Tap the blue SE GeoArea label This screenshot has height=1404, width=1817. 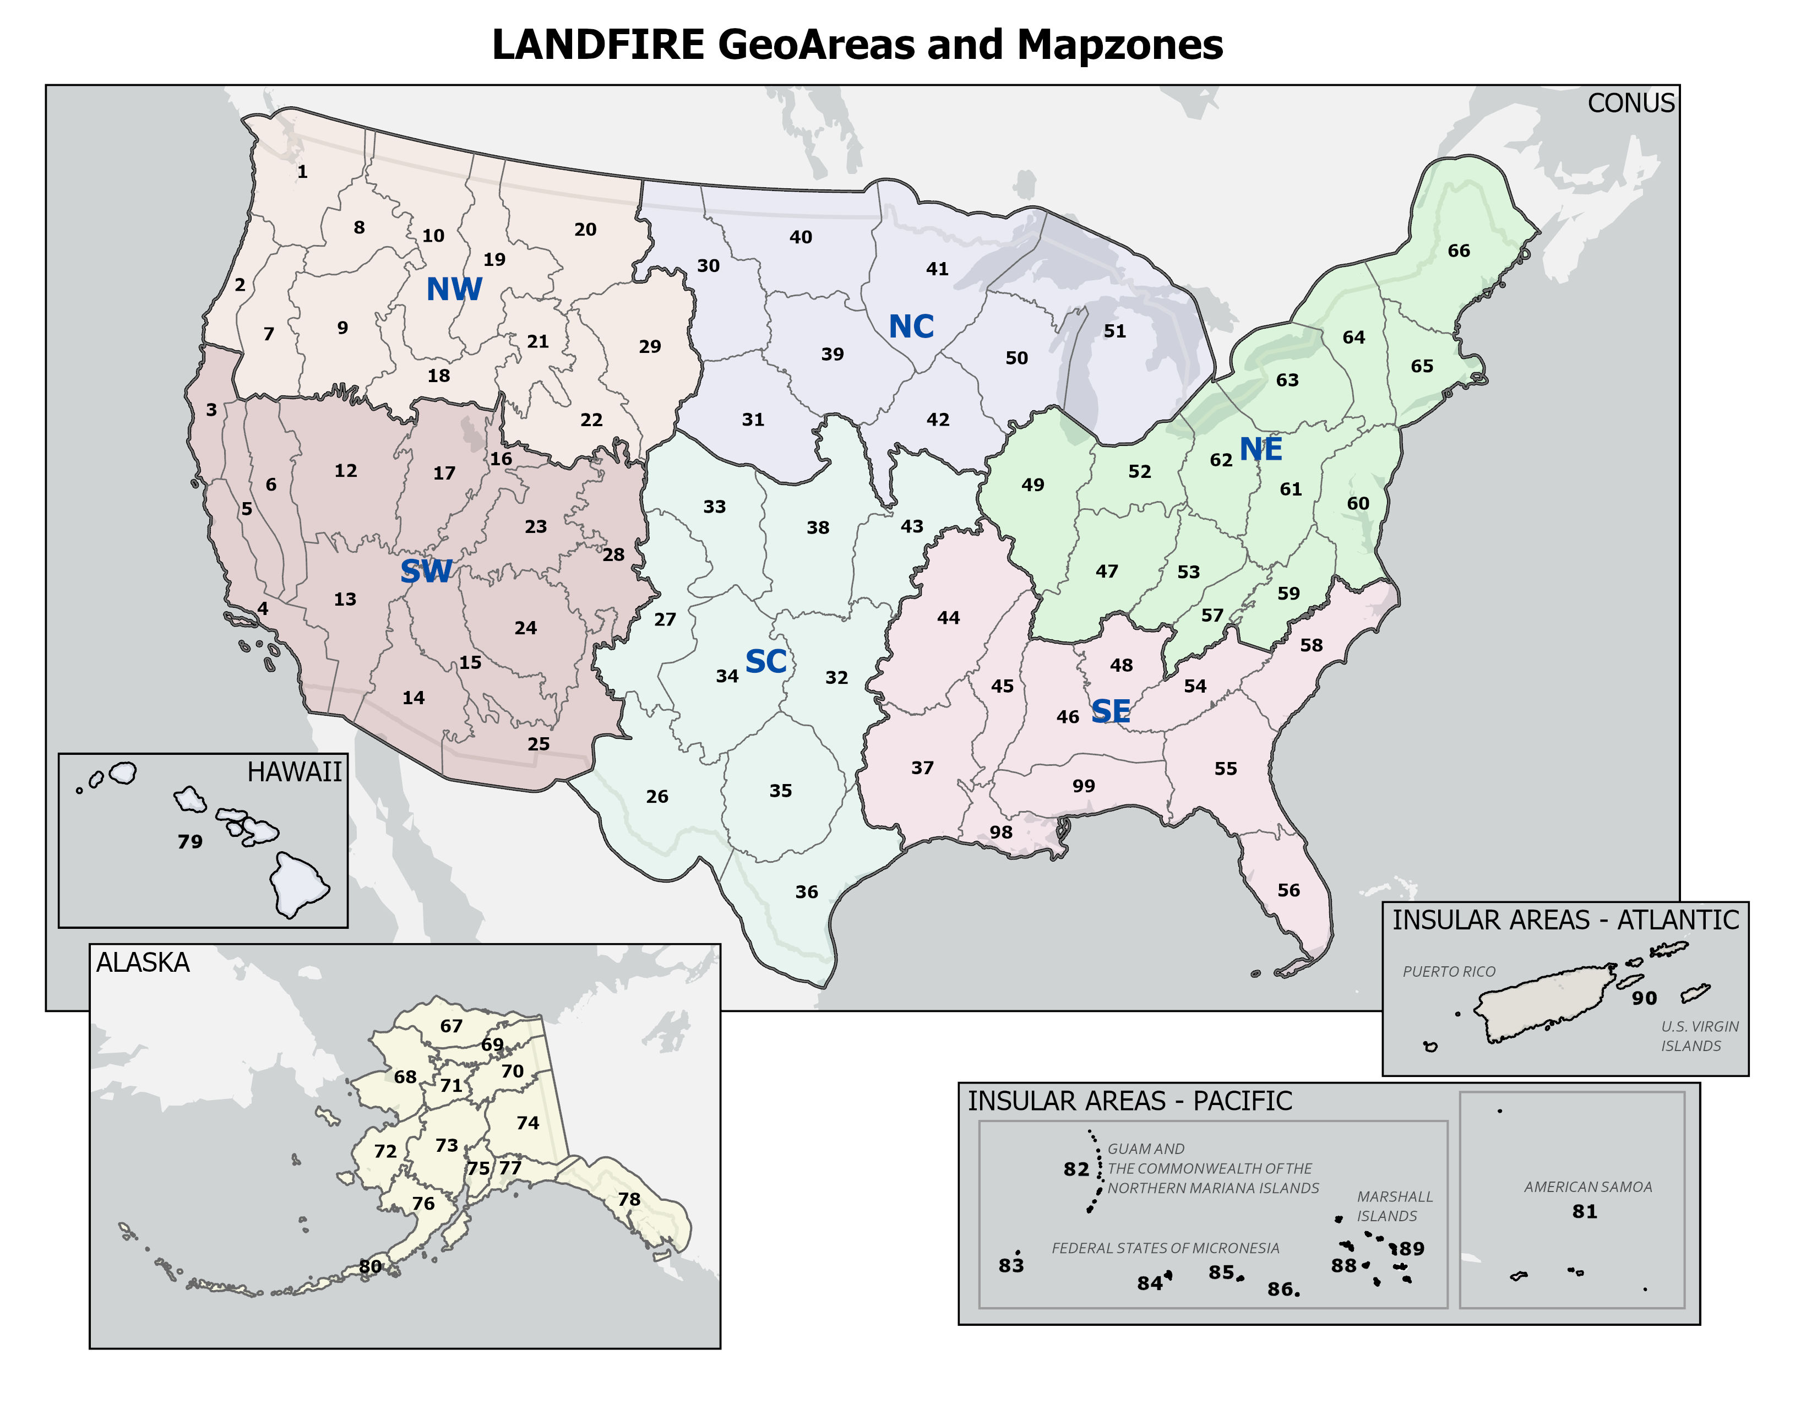pyautogui.click(x=1110, y=711)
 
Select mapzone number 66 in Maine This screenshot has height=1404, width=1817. pyautogui.click(x=1459, y=251)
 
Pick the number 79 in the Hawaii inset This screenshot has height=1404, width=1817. pyautogui.click(x=190, y=842)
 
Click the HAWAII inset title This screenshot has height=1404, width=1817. pyautogui.click(x=293, y=772)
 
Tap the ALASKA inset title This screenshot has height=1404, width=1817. pyautogui.click(x=143, y=962)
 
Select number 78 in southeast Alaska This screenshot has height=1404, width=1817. pyautogui.click(x=629, y=1199)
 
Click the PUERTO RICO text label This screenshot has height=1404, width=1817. pyautogui.click(x=1449, y=971)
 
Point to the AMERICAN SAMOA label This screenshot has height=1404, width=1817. pyautogui.click(x=1587, y=1187)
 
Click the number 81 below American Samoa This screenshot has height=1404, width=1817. pyautogui.click(x=1584, y=1212)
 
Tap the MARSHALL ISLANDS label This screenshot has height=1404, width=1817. pyautogui.click(x=1394, y=1206)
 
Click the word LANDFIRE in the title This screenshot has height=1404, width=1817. pyautogui.click(x=598, y=45)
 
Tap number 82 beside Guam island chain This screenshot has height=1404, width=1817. pyautogui.click(x=1076, y=1169)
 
